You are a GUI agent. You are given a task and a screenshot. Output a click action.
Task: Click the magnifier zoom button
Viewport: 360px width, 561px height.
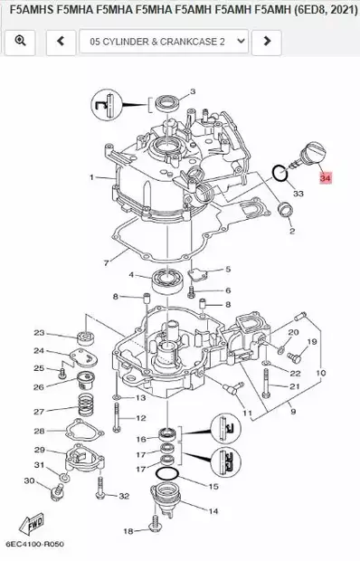(20, 41)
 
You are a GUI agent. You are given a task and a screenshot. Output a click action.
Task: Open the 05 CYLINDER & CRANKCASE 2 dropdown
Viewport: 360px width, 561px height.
(163, 41)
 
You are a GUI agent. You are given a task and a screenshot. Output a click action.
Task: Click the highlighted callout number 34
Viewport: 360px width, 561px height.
(326, 180)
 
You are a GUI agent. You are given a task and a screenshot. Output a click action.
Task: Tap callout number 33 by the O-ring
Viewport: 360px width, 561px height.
(298, 194)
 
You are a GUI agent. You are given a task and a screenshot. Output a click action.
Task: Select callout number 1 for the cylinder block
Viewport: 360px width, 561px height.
(91, 177)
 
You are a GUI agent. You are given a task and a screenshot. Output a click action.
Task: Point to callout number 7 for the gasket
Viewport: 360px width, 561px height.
(106, 263)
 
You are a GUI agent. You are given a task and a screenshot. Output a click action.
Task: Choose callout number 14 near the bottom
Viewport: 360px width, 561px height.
(213, 510)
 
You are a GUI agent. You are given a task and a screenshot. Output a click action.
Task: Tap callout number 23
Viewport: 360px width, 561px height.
(39, 333)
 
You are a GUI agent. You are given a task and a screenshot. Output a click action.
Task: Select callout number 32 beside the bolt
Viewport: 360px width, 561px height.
(124, 496)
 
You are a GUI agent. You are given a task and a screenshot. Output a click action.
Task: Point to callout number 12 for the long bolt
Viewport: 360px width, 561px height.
(141, 418)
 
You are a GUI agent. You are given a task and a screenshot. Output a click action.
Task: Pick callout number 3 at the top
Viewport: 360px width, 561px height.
(193, 91)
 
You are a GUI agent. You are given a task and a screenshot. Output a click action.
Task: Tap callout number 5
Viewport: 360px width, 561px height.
(228, 270)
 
